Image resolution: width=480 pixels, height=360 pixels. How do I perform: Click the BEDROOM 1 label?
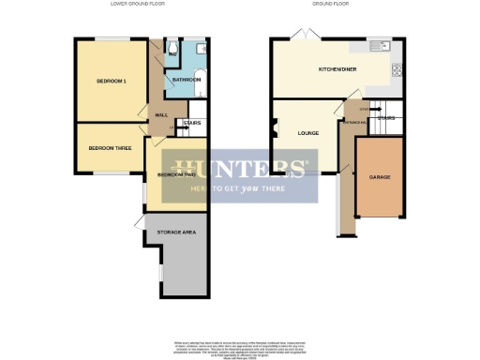pyautogui.click(x=111, y=82)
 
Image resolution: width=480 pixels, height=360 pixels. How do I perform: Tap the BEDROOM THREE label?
pyautogui.click(x=110, y=147)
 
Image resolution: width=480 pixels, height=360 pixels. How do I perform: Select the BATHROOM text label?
pyautogui.click(x=185, y=80)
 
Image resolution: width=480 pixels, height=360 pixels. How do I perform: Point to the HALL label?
pyautogui.click(x=159, y=114)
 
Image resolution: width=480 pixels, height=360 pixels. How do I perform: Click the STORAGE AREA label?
pyautogui.click(x=176, y=231)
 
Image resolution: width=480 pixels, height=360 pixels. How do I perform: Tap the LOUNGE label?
pyautogui.click(x=308, y=133)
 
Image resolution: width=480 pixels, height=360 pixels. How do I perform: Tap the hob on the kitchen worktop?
pyautogui.click(x=397, y=68)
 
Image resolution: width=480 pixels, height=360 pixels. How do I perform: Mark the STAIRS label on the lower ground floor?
pyautogui.click(x=191, y=123)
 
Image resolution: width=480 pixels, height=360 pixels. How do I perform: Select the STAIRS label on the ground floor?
pyautogui.click(x=385, y=118)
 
